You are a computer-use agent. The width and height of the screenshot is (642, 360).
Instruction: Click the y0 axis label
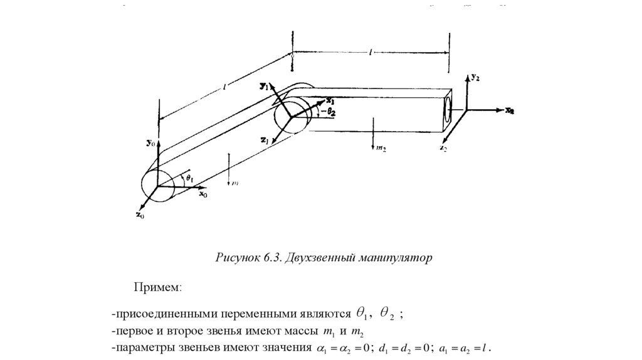tap(149, 143)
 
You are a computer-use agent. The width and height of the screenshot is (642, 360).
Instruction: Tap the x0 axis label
tap(203, 195)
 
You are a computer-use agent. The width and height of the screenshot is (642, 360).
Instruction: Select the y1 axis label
tap(265, 87)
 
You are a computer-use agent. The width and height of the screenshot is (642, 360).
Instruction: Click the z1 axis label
tap(265, 139)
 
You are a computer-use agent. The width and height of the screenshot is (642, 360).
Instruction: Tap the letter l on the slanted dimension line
tap(224, 89)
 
